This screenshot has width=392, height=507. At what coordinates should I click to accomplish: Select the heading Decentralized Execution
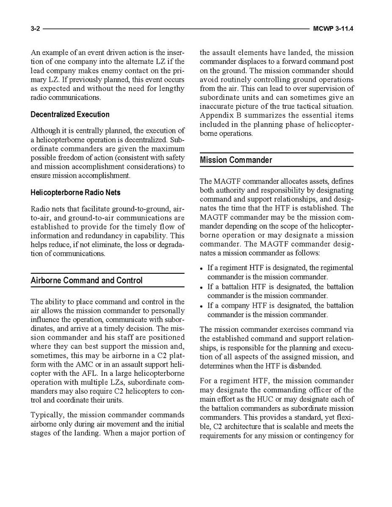click(70, 115)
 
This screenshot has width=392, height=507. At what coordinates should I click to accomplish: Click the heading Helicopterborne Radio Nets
click(75, 193)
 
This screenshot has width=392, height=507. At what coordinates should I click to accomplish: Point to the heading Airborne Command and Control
click(86, 281)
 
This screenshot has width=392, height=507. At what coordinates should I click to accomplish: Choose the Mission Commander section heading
click(236, 160)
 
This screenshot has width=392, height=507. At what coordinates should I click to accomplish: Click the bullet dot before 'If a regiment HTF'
click(202, 268)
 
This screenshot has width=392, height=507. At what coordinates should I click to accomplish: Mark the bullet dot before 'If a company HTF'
click(202, 306)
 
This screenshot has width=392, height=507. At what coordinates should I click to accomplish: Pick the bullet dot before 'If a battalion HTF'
click(202, 287)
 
